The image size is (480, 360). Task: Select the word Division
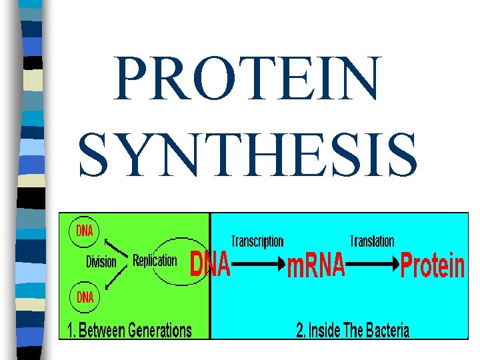[101, 262]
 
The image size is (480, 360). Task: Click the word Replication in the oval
[155, 260]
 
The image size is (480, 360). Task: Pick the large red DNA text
[211, 265]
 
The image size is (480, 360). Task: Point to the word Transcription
[257, 241]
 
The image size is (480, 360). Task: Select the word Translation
[372, 241]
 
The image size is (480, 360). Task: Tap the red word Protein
[433, 266]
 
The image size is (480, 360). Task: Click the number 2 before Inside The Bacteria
[299, 330]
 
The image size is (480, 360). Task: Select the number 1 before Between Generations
[69, 330]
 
